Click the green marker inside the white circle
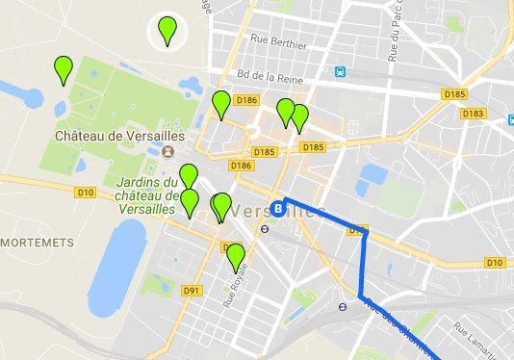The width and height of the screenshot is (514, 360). coord(168,31)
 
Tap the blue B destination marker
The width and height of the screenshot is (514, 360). coord(278,207)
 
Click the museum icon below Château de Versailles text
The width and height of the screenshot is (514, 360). coord(168,152)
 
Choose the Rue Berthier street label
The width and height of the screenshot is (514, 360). coord(277,43)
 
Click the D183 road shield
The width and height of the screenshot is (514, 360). coord(472,114)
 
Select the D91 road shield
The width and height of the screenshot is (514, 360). coord(190,290)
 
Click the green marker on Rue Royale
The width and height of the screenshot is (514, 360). coord(235,257)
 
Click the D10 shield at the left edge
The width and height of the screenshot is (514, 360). coord(85,193)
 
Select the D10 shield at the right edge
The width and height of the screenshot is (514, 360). coord(495,262)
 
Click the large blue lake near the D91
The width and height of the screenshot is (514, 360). coord(120,260)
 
